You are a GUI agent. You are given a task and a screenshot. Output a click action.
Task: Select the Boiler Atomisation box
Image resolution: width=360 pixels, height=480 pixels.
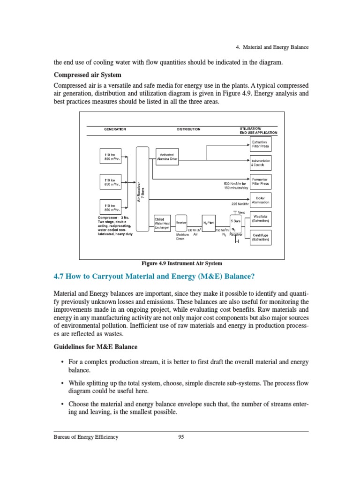(261, 200)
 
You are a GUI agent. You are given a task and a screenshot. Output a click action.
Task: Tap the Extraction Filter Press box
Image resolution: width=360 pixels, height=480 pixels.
(260, 144)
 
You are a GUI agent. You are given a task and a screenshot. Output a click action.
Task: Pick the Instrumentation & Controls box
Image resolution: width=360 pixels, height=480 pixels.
(260, 163)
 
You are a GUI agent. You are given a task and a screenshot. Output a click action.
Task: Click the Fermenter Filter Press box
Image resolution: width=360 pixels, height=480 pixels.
(260, 181)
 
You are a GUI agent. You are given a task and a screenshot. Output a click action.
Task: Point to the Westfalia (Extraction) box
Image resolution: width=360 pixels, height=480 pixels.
(260, 218)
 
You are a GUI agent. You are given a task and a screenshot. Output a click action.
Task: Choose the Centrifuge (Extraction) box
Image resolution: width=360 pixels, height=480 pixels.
(260, 237)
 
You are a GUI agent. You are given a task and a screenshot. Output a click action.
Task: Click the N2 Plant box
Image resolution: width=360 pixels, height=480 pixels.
(209, 223)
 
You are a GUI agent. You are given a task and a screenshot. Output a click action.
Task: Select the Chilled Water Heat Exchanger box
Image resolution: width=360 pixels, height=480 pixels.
(163, 223)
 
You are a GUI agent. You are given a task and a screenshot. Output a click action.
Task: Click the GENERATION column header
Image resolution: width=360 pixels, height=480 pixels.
(115, 129)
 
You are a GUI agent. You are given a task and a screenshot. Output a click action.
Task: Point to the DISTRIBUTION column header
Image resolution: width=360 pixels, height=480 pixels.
(188, 129)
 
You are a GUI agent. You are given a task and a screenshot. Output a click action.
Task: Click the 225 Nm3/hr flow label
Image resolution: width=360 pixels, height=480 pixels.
(240, 204)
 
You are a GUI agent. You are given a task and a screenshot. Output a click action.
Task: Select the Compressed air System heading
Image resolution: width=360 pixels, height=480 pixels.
(88, 75)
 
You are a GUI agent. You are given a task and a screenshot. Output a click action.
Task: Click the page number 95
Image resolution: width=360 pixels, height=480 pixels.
(182, 437)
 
